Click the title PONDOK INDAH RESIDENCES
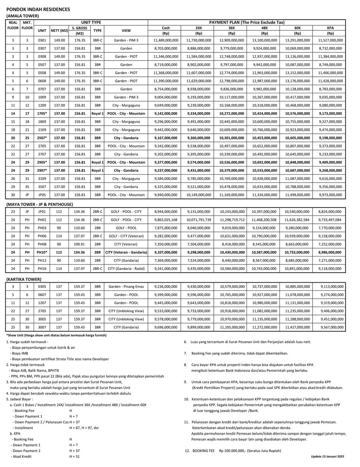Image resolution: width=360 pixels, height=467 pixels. click(38, 10)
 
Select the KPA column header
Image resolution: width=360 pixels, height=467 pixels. click(330, 28)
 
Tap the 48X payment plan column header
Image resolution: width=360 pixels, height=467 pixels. click(264, 28)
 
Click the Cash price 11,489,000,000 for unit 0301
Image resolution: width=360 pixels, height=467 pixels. click(166, 40)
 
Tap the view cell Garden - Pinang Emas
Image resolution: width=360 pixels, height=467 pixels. click(126, 287)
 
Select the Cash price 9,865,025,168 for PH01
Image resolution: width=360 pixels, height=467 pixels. click(166, 220)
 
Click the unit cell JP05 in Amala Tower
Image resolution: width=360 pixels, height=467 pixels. click(42, 195)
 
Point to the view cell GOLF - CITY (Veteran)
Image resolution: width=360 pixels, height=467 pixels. click(126, 236)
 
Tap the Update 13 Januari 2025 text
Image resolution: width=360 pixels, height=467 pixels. click(327, 456)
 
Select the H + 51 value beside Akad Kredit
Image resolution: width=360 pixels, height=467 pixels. click(75, 456)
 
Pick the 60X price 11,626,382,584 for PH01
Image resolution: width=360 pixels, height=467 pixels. click(297, 220)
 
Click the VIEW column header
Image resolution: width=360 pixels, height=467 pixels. click(126, 31)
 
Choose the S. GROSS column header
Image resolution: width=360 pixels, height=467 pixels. click(79, 28)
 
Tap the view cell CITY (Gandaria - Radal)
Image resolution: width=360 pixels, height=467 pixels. click(126, 269)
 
